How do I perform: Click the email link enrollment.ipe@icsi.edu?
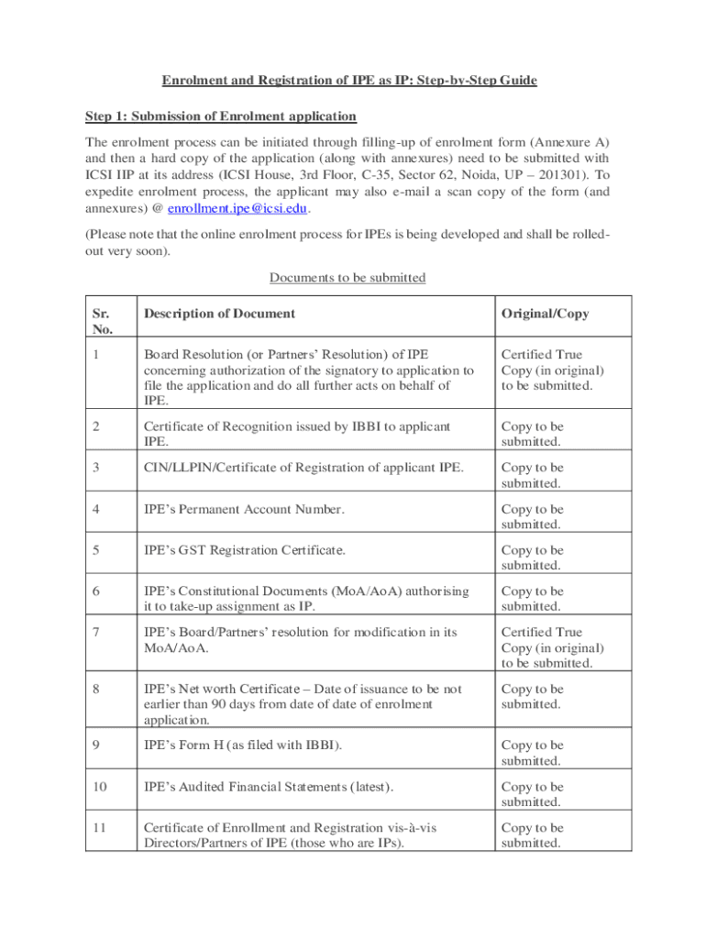click(x=244, y=208)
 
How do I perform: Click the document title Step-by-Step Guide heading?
click(x=349, y=81)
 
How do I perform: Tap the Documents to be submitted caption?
click(x=347, y=278)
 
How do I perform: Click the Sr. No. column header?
click(x=101, y=321)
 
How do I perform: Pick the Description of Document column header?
click(x=219, y=314)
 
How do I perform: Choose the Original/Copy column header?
click(x=545, y=314)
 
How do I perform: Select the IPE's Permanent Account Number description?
click(x=244, y=510)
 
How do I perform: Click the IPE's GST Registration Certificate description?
click(x=245, y=551)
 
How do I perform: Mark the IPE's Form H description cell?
click(x=243, y=746)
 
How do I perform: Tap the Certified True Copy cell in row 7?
click(x=552, y=647)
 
